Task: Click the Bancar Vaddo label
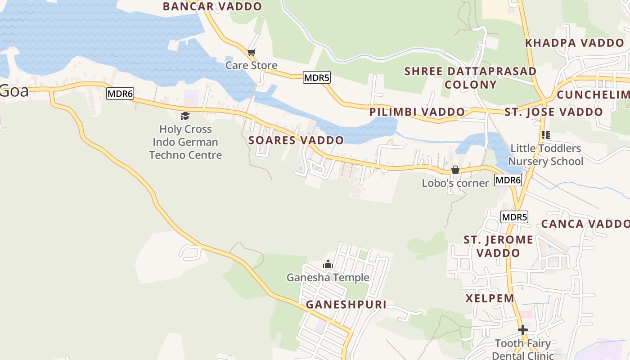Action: (x=212, y=6)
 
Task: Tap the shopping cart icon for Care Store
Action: (x=252, y=53)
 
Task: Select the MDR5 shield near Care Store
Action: (x=317, y=77)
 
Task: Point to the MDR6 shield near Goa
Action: (x=121, y=94)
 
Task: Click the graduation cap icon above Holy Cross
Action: (x=185, y=116)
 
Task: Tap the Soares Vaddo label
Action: (x=296, y=140)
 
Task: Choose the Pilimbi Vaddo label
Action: (x=417, y=112)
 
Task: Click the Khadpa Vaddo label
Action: (x=575, y=43)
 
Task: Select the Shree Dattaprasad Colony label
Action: (x=470, y=78)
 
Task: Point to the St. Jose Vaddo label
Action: (x=553, y=112)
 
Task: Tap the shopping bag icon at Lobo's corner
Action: (x=455, y=170)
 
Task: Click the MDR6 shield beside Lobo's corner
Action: (x=508, y=180)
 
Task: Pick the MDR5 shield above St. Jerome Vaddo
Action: (x=514, y=217)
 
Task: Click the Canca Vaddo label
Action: (x=585, y=224)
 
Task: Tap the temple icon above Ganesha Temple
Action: (x=328, y=264)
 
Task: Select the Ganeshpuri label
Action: (x=346, y=305)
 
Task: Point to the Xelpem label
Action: (x=490, y=298)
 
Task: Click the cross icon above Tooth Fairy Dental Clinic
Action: (x=522, y=330)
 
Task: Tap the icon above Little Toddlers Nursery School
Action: (x=546, y=135)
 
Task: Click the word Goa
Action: (x=14, y=91)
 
